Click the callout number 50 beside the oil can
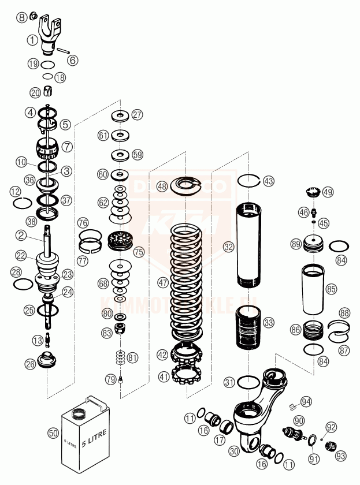tap(53, 432)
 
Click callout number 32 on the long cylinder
tap(229, 247)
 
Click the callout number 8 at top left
tap(22, 17)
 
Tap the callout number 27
tap(137, 114)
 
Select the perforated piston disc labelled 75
tap(121, 240)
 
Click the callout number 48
tap(162, 186)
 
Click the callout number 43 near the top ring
tap(269, 180)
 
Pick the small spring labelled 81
tap(120, 357)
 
